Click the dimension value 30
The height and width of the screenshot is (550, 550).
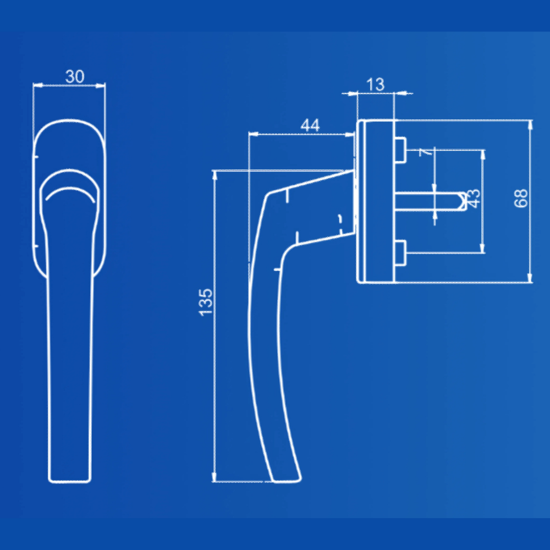tap(75, 76)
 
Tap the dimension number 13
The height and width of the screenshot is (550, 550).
tap(375, 85)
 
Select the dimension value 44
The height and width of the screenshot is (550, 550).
tap(310, 125)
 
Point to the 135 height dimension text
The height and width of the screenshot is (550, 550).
tap(206, 302)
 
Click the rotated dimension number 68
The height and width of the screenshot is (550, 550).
tap(521, 198)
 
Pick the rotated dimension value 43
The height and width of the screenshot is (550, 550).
tap(474, 199)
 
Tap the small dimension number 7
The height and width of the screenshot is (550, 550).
tap(425, 152)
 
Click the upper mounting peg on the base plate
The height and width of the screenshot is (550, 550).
tap(400, 150)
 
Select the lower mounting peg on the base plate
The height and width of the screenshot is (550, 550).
tap(400, 252)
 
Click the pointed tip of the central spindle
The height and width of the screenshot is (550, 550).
tap(466, 201)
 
